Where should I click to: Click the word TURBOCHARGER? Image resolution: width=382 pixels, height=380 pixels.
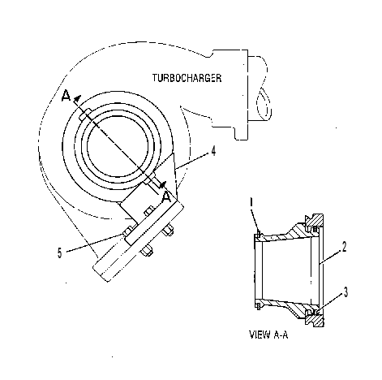187,78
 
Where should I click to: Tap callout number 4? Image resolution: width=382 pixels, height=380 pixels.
213,151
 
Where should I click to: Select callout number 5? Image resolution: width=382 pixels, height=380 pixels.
60,253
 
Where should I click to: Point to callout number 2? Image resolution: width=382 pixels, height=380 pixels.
344,247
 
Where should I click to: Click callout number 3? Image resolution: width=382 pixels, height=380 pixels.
346,292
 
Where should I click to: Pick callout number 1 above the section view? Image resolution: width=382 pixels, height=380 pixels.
252,202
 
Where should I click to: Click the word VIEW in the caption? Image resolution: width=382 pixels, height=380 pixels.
260,335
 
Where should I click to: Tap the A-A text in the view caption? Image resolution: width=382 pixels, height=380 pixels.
281,335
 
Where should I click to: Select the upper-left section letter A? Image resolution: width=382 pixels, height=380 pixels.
66,96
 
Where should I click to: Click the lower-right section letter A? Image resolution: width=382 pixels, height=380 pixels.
166,197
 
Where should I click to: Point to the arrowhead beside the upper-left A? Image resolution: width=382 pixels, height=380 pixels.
77,99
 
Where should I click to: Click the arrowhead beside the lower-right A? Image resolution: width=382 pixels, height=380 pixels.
162,185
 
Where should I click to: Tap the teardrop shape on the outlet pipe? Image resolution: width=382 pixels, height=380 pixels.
264,104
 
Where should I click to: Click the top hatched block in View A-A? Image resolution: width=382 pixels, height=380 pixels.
315,221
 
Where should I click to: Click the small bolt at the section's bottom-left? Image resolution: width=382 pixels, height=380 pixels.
258,306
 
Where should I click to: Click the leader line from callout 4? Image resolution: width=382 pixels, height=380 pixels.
192,161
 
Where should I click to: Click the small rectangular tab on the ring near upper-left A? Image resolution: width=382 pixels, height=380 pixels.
85,114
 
